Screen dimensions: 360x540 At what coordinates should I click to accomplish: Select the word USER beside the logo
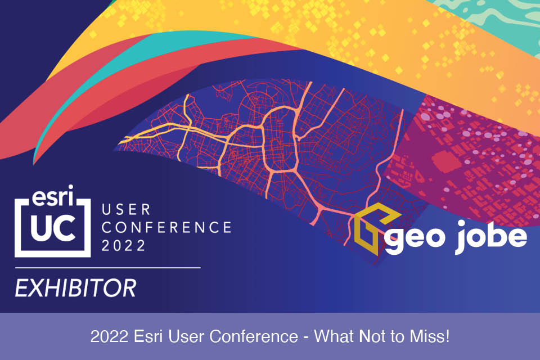[127, 210]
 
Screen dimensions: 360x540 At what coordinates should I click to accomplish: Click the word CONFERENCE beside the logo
[166, 228]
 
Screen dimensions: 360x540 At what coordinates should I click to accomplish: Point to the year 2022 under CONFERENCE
[123, 245]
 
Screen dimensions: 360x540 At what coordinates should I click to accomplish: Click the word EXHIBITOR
[75, 289]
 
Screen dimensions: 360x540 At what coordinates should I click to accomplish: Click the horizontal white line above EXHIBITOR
[107, 267]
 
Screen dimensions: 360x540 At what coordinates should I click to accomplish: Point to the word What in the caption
[332, 337]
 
